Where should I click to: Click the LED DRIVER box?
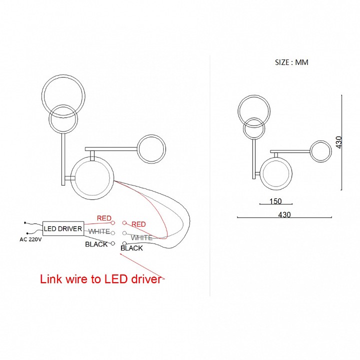pyautogui.click(x=63, y=229)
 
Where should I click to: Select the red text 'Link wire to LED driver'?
pyautogui.click(x=100, y=279)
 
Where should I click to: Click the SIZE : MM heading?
pyautogui.click(x=292, y=62)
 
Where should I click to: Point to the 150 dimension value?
pyautogui.click(x=275, y=201)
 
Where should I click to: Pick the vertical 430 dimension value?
pyautogui.click(x=338, y=143)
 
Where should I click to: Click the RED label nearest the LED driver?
pyautogui.click(x=104, y=218)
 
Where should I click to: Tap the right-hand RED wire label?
pyautogui.click(x=138, y=224)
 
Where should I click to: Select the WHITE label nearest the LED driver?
pyautogui.click(x=99, y=231)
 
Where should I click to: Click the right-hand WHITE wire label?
pyautogui.click(x=141, y=237)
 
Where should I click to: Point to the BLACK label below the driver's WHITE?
pyautogui.click(x=96, y=244)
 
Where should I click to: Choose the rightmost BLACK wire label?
pyautogui.click(x=131, y=248)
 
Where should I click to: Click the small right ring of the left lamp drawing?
pyautogui.click(x=151, y=148)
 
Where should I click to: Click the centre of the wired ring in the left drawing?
pyautogui.click(x=92, y=177)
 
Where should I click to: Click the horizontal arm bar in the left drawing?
pyautogui.click(x=111, y=148)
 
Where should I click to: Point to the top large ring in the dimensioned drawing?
pyautogui.click(x=254, y=110)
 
